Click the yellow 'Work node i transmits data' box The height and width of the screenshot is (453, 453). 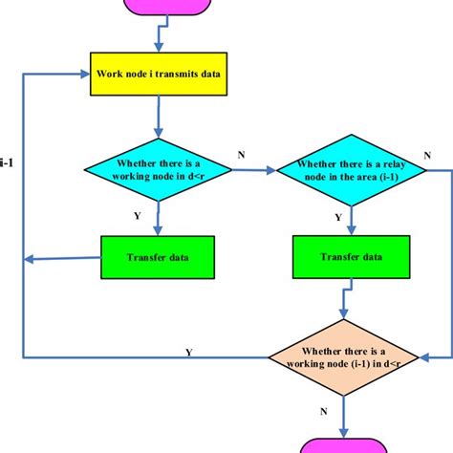point(160,75)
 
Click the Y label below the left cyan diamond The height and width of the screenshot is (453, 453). point(137,216)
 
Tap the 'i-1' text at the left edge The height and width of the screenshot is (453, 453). point(8,162)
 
